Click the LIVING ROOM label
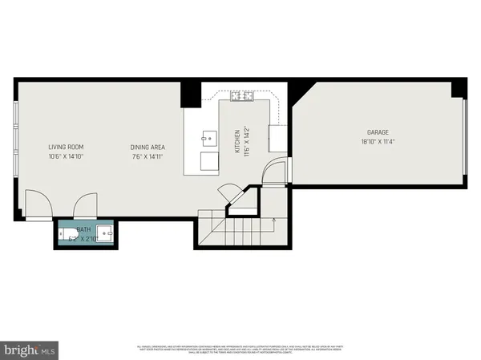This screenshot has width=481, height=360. pyautogui.click(x=66, y=147)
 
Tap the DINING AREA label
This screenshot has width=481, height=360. pyautogui.click(x=148, y=147)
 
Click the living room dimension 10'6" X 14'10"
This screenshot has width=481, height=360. pyautogui.click(x=66, y=156)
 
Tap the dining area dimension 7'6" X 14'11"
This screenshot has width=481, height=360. pyautogui.click(x=148, y=156)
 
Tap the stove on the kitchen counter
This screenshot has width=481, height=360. pyautogui.click(x=242, y=97)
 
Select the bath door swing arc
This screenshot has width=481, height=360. pyautogui.click(x=85, y=206)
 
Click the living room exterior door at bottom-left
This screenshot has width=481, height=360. pyautogui.click(x=37, y=205)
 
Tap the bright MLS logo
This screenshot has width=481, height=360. pyautogui.click(x=30, y=350)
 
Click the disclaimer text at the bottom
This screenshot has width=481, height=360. pyautogui.click(x=240, y=350)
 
